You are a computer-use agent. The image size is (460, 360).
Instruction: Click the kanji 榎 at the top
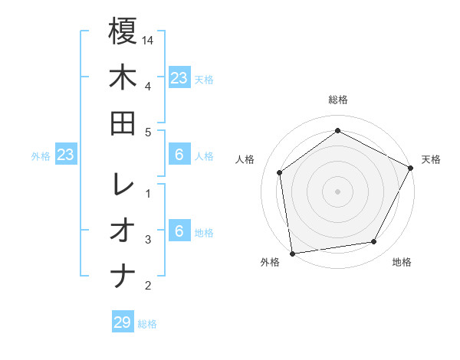123,32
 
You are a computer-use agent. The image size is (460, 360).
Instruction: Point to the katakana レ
123,185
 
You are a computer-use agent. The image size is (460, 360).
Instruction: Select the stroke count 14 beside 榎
149,39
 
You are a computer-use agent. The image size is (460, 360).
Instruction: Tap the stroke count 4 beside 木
147,85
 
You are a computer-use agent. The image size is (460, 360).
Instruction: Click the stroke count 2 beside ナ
147,286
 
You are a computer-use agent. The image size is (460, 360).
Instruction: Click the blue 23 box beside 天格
179,77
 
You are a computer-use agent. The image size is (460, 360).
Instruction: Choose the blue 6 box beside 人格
179,155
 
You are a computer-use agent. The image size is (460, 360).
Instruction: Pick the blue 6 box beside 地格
179,231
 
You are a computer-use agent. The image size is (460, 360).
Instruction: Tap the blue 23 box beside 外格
66,155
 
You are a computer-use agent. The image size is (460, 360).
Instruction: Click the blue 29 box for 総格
123,322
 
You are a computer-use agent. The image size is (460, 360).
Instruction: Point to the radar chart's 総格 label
338,100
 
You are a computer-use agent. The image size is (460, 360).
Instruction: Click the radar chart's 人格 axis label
245,159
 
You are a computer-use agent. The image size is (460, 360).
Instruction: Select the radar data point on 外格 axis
292,253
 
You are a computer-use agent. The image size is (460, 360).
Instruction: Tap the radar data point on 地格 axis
374,242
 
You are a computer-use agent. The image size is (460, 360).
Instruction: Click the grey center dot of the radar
337,191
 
